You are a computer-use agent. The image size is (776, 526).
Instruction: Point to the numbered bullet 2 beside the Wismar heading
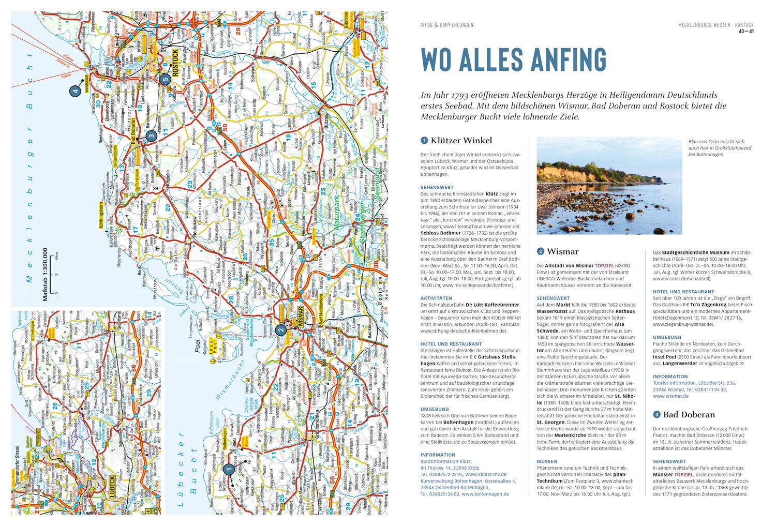pyautogui.click(x=541, y=251)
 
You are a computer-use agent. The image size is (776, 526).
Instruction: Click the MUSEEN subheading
pyautogui.click(x=547, y=461)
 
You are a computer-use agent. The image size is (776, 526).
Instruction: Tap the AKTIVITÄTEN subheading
pyautogui.click(x=437, y=298)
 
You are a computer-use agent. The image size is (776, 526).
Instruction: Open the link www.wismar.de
pyautogui.click(x=670, y=396)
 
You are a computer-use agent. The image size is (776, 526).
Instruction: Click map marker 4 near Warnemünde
pyautogui.click(x=74, y=91)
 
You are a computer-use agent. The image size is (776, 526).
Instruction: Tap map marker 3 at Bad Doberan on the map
pyautogui.click(x=151, y=136)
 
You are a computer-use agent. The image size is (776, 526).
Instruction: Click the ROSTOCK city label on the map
pyautogui.click(x=176, y=63)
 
